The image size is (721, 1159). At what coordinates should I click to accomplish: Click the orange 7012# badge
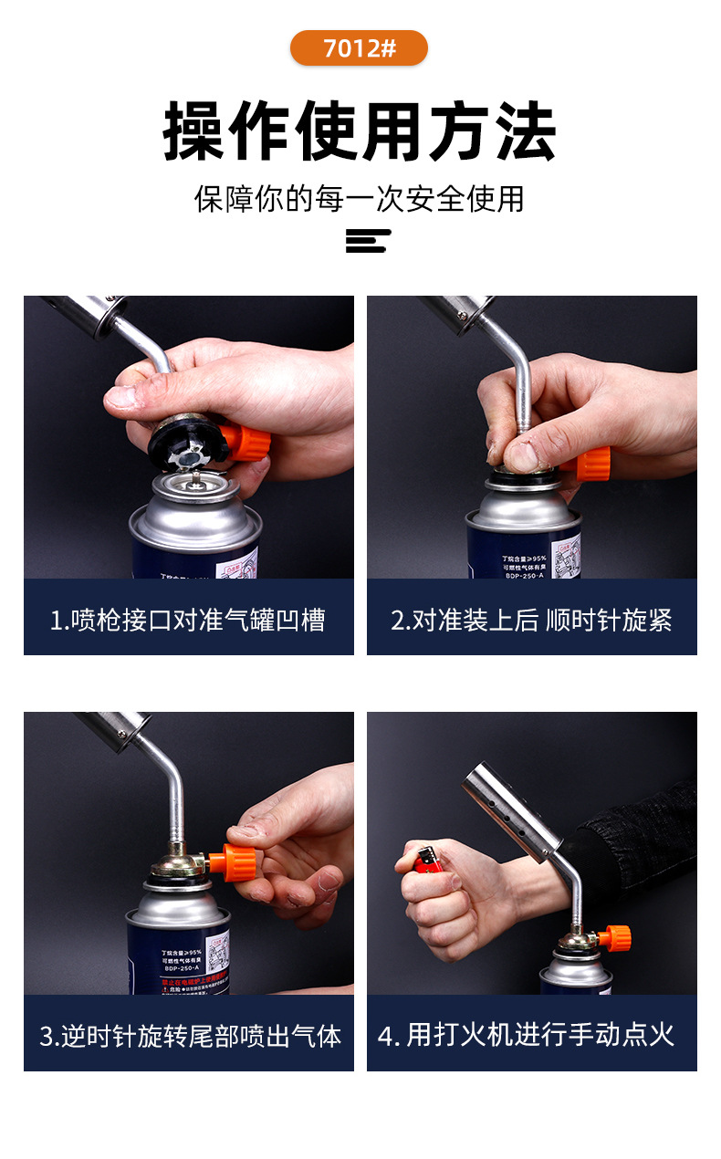point(359,48)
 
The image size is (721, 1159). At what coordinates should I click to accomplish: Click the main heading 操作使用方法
point(360,132)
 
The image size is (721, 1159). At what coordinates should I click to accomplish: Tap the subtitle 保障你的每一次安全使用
point(360,198)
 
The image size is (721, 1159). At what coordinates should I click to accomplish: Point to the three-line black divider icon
point(368,241)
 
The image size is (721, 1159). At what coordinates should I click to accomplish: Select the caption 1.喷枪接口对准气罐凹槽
point(188,621)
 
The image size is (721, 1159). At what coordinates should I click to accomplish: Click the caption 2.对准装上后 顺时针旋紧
point(531,621)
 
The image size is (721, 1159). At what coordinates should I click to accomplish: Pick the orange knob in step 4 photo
point(614,936)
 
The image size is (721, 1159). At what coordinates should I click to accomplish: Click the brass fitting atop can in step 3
point(183,861)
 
